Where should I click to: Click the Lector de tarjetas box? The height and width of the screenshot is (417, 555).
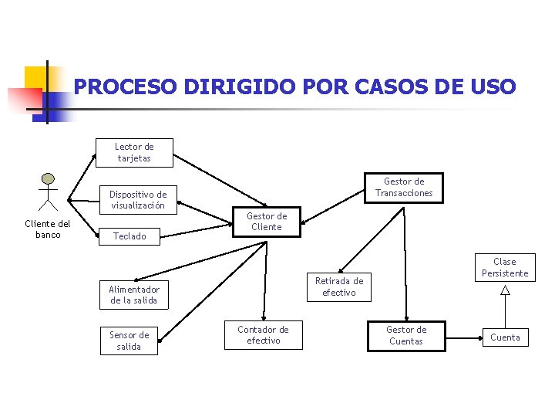point(134,152)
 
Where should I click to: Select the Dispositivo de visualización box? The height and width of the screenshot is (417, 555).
point(138,200)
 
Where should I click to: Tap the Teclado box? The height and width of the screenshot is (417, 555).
point(129,236)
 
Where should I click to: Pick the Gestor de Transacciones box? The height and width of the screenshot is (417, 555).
point(404,188)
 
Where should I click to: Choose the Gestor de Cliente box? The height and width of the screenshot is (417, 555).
point(267,222)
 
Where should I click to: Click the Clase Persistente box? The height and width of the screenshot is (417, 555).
point(505,267)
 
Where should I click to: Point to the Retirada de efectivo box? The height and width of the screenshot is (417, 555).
point(339,286)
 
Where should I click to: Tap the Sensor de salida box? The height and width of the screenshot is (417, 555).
point(129,341)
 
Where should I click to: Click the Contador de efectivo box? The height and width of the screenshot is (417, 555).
point(263,335)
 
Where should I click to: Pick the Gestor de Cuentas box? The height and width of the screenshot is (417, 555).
point(406,336)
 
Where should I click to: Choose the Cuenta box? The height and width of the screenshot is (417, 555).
point(505,337)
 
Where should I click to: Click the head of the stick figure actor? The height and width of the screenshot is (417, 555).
point(49,179)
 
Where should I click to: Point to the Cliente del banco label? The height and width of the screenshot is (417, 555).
point(48,229)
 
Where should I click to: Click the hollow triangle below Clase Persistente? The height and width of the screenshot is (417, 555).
point(505,290)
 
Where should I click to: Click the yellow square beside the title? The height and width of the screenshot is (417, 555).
point(36,77)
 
